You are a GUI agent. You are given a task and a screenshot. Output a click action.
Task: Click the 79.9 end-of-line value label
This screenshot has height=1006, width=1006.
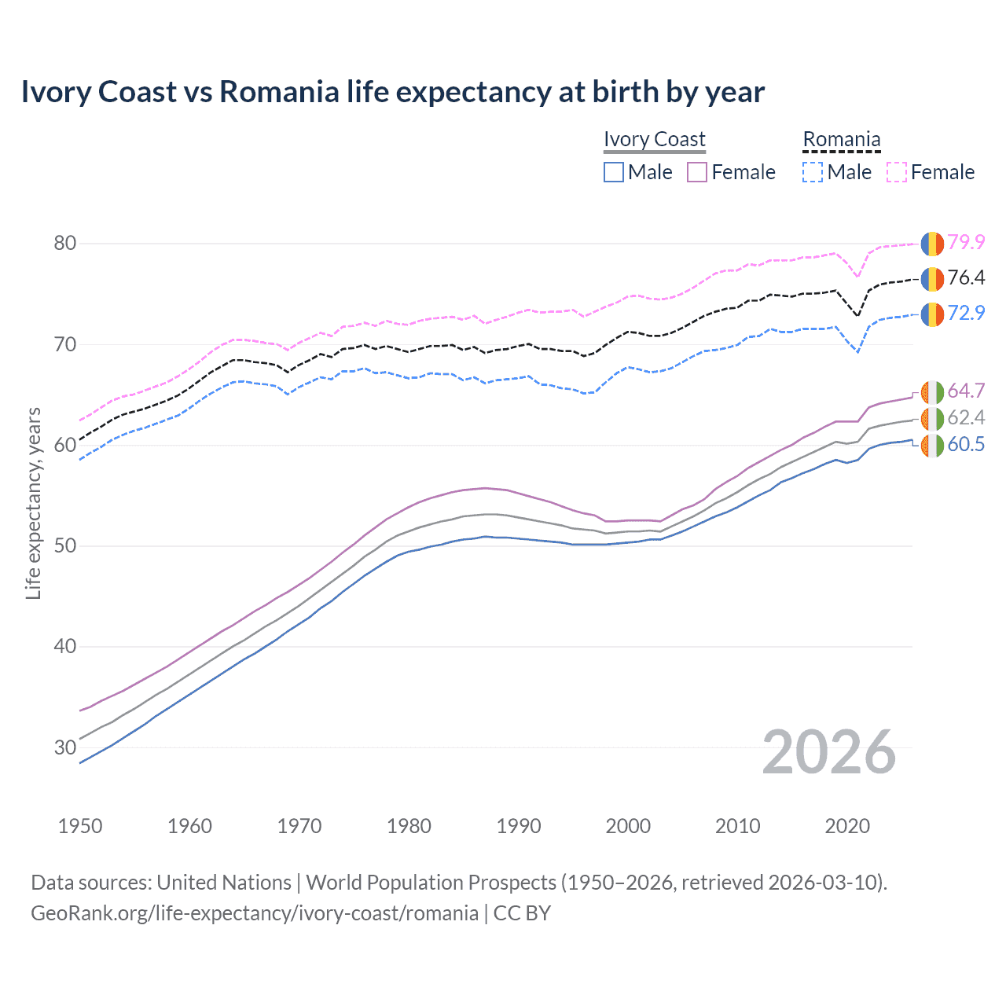(x=966, y=242)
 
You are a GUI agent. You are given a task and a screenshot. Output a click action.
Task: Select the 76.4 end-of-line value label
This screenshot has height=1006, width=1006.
(x=966, y=277)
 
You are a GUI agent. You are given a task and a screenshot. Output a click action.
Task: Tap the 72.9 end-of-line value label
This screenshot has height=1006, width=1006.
(x=966, y=313)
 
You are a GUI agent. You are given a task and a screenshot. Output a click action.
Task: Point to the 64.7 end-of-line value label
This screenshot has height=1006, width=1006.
(x=966, y=391)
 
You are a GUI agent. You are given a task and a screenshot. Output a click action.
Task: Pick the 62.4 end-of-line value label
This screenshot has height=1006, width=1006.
(x=966, y=417)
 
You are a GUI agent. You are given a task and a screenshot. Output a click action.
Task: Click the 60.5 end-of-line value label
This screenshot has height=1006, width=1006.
(x=966, y=444)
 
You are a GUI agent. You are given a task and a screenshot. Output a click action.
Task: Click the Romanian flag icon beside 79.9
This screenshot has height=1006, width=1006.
(x=932, y=244)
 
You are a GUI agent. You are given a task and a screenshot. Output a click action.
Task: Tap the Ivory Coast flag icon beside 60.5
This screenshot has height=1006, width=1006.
(x=932, y=446)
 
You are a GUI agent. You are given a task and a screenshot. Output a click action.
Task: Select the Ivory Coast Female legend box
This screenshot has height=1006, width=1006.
(x=697, y=172)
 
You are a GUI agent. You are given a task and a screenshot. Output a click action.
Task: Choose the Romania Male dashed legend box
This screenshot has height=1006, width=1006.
(x=813, y=172)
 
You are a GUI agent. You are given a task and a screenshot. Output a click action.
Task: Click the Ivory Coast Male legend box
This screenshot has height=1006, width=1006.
(x=614, y=172)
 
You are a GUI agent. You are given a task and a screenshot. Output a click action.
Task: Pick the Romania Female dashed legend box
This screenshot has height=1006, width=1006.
(x=897, y=172)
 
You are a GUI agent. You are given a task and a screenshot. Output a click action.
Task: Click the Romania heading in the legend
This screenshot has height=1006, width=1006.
(x=841, y=139)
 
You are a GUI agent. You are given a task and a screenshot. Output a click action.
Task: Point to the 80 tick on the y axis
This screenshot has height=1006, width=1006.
(x=65, y=244)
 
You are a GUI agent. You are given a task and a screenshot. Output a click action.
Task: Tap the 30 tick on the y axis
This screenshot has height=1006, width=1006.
(x=65, y=747)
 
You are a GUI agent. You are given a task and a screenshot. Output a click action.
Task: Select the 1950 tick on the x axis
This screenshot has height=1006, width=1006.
(x=80, y=826)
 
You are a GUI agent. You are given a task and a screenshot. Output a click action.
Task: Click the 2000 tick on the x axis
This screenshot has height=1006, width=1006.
(x=628, y=826)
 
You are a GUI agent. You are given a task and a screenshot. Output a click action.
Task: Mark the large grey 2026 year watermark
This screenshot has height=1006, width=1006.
(x=828, y=752)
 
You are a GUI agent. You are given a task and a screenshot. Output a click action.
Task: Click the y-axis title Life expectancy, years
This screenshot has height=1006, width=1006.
(x=33, y=503)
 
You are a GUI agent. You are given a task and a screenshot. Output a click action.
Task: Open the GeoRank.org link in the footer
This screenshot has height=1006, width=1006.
(x=255, y=913)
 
